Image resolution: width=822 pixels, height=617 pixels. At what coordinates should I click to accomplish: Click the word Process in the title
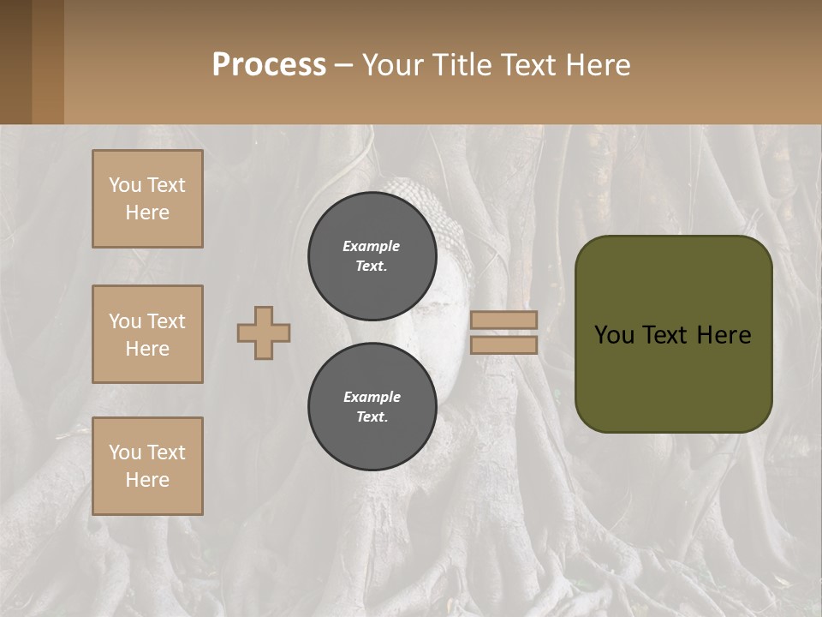(x=269, y=65)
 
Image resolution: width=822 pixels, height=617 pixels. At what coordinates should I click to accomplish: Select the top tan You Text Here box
(x=147, y=199)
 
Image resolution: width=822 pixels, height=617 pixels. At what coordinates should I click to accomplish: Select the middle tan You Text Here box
(x=147, y=334)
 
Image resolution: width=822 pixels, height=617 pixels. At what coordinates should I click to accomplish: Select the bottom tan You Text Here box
(x=147, y=466)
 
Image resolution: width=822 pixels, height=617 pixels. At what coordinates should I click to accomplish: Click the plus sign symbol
(x=264, y=332)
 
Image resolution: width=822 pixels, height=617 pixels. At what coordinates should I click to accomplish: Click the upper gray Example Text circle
(x=372, y=255)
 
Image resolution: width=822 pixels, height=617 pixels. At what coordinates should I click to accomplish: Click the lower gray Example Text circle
(x=372, y=406)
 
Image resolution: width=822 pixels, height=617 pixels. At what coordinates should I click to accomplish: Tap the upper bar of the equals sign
(x=503, y=320)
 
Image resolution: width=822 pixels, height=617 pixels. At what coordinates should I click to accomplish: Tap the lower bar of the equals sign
(x=503, y=344)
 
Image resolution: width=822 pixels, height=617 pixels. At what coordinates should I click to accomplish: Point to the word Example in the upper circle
(x=372, y=246)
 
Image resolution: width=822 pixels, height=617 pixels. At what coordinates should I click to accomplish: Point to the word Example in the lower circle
(x=372, y=397)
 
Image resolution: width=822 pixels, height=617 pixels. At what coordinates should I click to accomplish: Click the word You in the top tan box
(x=124, y=185)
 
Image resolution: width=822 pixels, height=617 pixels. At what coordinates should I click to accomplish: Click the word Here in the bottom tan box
(x=147, y=480)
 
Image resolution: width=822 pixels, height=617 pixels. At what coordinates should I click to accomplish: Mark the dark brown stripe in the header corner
(x=15, y=62)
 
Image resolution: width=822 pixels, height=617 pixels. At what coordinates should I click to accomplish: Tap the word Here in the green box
(x=724, y=335)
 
